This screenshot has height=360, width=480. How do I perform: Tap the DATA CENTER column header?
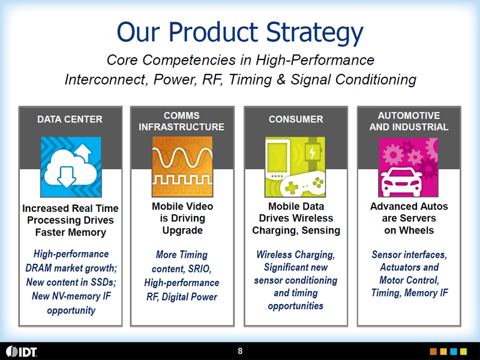[x=70, y=119]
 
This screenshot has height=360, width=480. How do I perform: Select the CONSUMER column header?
[x=296, y=119]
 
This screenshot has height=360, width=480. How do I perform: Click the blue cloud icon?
[x=71, y=167]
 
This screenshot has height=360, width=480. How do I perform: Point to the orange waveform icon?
[x=182, y=167]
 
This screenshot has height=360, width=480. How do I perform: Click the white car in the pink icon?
[x=401, y=182]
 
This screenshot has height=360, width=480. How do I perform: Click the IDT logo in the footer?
[x=22, y=352]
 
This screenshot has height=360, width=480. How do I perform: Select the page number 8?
[x=240, y=351]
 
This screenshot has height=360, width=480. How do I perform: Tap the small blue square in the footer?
[x=454, y=352]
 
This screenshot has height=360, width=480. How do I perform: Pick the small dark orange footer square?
[x=433, y=352]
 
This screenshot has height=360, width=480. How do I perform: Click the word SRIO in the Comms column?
[x=200, y=269]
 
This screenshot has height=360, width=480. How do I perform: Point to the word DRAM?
[x=38, y=268]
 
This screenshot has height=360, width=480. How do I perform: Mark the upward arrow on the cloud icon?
[x=83, y=153]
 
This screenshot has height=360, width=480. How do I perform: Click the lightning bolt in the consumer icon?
[x=312, y=152]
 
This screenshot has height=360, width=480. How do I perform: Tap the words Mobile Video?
[x=182, y=206]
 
